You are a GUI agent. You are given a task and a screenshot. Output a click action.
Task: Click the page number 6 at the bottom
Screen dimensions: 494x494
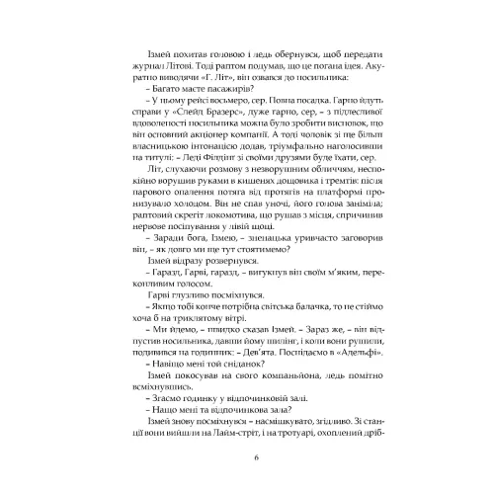(257, 456)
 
